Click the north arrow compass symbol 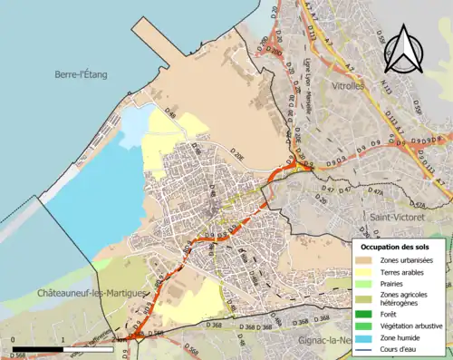(x=405, y=50)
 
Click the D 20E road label (x=236, y=157)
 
